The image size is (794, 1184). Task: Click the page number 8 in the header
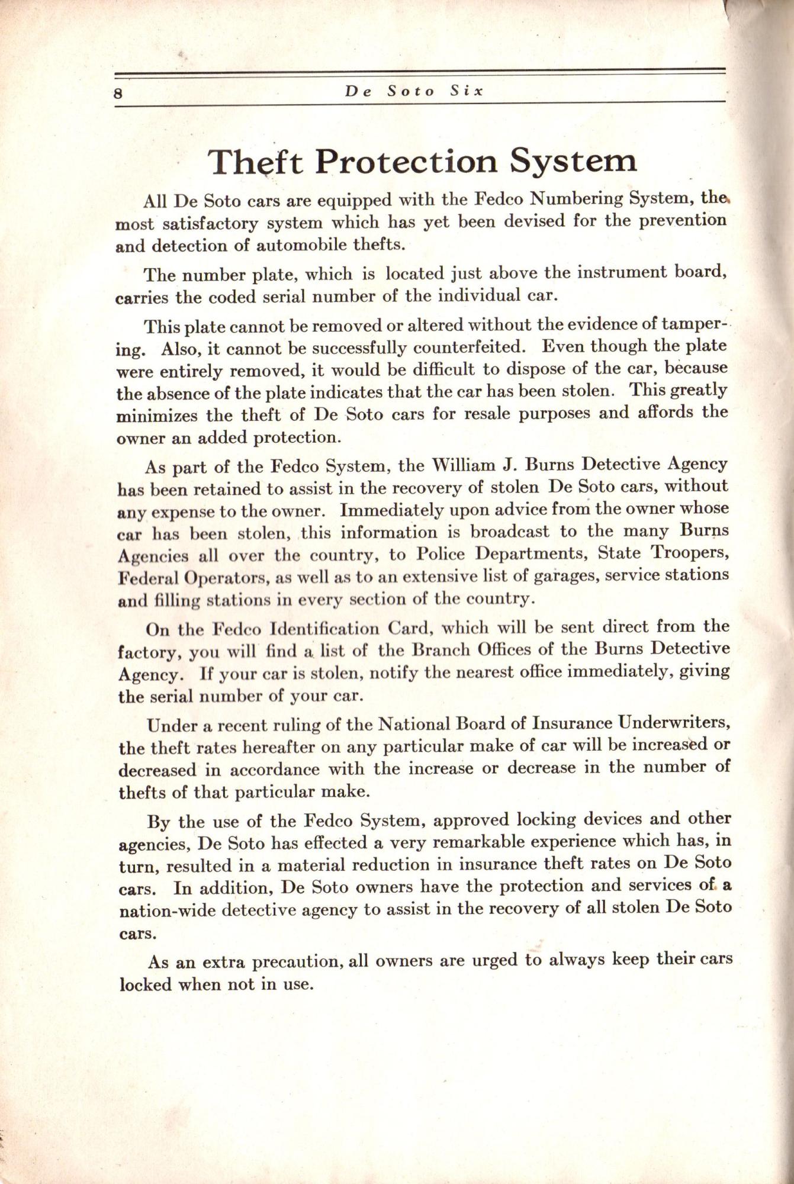119,93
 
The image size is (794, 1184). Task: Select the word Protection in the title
405,161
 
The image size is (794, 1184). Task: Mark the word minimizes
157,416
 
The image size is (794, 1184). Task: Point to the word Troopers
689,552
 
